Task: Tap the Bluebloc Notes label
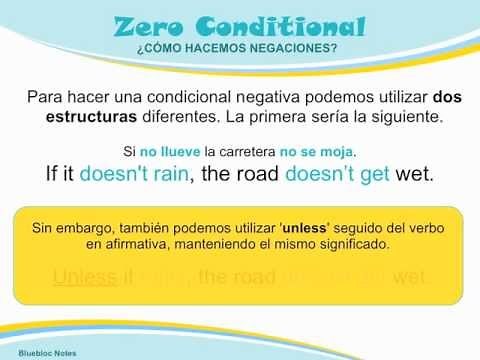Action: pos(35,353)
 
